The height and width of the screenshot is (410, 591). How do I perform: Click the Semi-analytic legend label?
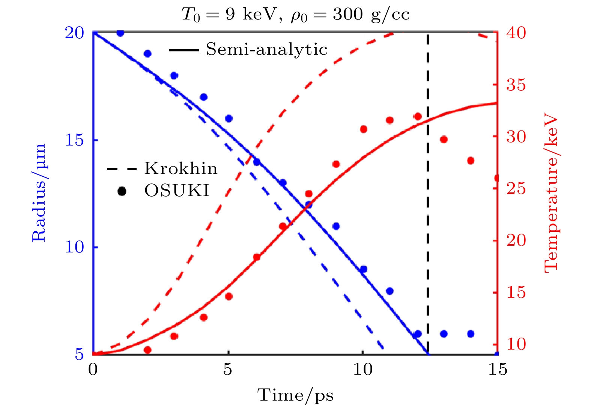[266, 50]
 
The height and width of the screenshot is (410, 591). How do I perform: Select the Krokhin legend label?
[181, 168]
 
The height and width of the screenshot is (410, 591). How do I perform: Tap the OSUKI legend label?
[177, 191]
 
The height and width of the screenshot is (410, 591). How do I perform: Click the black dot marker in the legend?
[122, 191]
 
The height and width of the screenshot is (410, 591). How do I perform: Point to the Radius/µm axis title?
[39, 193]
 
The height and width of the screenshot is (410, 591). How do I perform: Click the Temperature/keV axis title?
[550, 193]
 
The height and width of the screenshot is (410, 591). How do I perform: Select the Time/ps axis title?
[295, 395]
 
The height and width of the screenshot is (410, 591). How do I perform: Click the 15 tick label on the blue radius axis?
[74, 140]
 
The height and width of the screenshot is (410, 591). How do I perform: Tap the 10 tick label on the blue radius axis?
[74, 247]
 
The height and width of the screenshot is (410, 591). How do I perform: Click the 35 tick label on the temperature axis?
[516, 85]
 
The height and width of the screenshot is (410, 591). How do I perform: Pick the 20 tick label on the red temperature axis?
[516, 240]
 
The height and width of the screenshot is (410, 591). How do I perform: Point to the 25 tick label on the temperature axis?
[516, 188]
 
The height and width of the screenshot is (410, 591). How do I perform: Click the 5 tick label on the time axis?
[228, 369]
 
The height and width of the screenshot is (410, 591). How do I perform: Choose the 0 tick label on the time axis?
[93, 369]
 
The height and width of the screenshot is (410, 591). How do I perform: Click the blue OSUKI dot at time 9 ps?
[336, 226]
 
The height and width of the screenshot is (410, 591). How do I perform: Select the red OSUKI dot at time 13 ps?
[444, 140]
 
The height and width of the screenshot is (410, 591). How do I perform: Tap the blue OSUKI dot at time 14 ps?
[471, 333]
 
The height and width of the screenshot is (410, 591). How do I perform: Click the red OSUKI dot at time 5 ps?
[229, 296]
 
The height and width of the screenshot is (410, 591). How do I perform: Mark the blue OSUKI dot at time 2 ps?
[147, 54]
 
